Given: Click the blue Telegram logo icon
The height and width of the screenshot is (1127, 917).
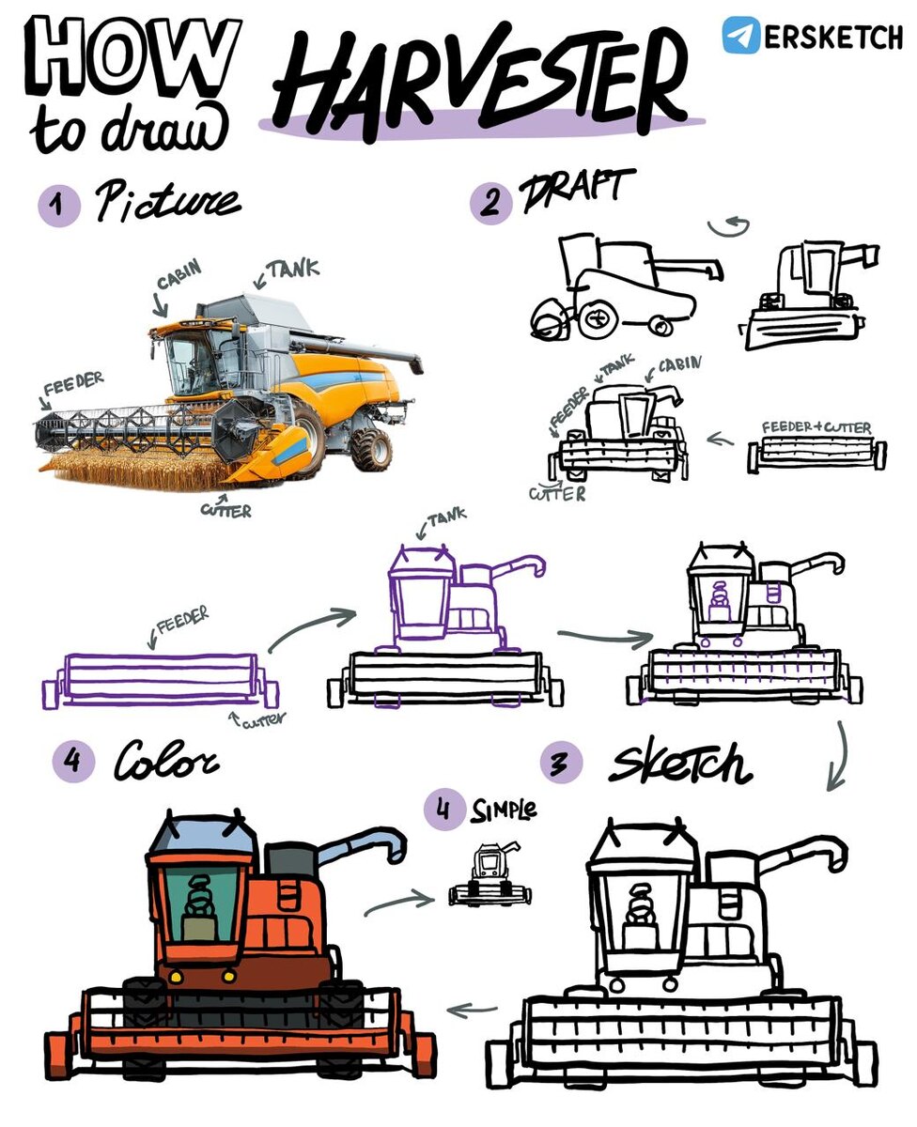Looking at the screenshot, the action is pyautogui.click(x=740, y=36).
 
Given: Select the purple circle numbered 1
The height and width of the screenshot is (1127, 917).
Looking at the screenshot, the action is pyautogui.click(x=59, y=205).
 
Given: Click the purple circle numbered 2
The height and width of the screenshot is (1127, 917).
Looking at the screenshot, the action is pyautogui.click(x=490, y=203).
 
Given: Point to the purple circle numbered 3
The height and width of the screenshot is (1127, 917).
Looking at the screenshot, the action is pyautogui.click(x=562, y=763).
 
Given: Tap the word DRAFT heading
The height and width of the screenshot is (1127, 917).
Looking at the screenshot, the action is pyautogui.click(x=577, y=191).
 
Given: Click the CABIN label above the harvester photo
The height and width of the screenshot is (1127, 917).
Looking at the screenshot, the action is pyautogui.click(x=179, y=274).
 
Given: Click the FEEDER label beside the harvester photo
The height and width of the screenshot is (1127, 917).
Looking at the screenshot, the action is pyautogui.click(x=73, y=383).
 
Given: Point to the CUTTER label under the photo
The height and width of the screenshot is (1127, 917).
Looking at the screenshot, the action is pyautogui.click(x=225, y=511).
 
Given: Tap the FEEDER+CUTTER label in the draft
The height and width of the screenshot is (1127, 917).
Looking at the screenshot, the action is pyautogui.click(x=816, y=427).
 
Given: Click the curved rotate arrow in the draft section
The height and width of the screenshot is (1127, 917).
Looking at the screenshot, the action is pyautogui.click(x=729, y=226).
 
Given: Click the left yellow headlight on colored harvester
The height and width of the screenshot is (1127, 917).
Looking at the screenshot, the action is pyautogui.click(x=176, y=976).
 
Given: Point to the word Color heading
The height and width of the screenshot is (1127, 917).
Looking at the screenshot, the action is pyautogui.click(x=165, y=761).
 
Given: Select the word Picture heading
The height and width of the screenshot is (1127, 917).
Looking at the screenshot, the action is pyautogui.click(x=168, y=201).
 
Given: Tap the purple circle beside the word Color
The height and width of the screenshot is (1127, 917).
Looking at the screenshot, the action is pyautogui.click(x=73, y=761).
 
